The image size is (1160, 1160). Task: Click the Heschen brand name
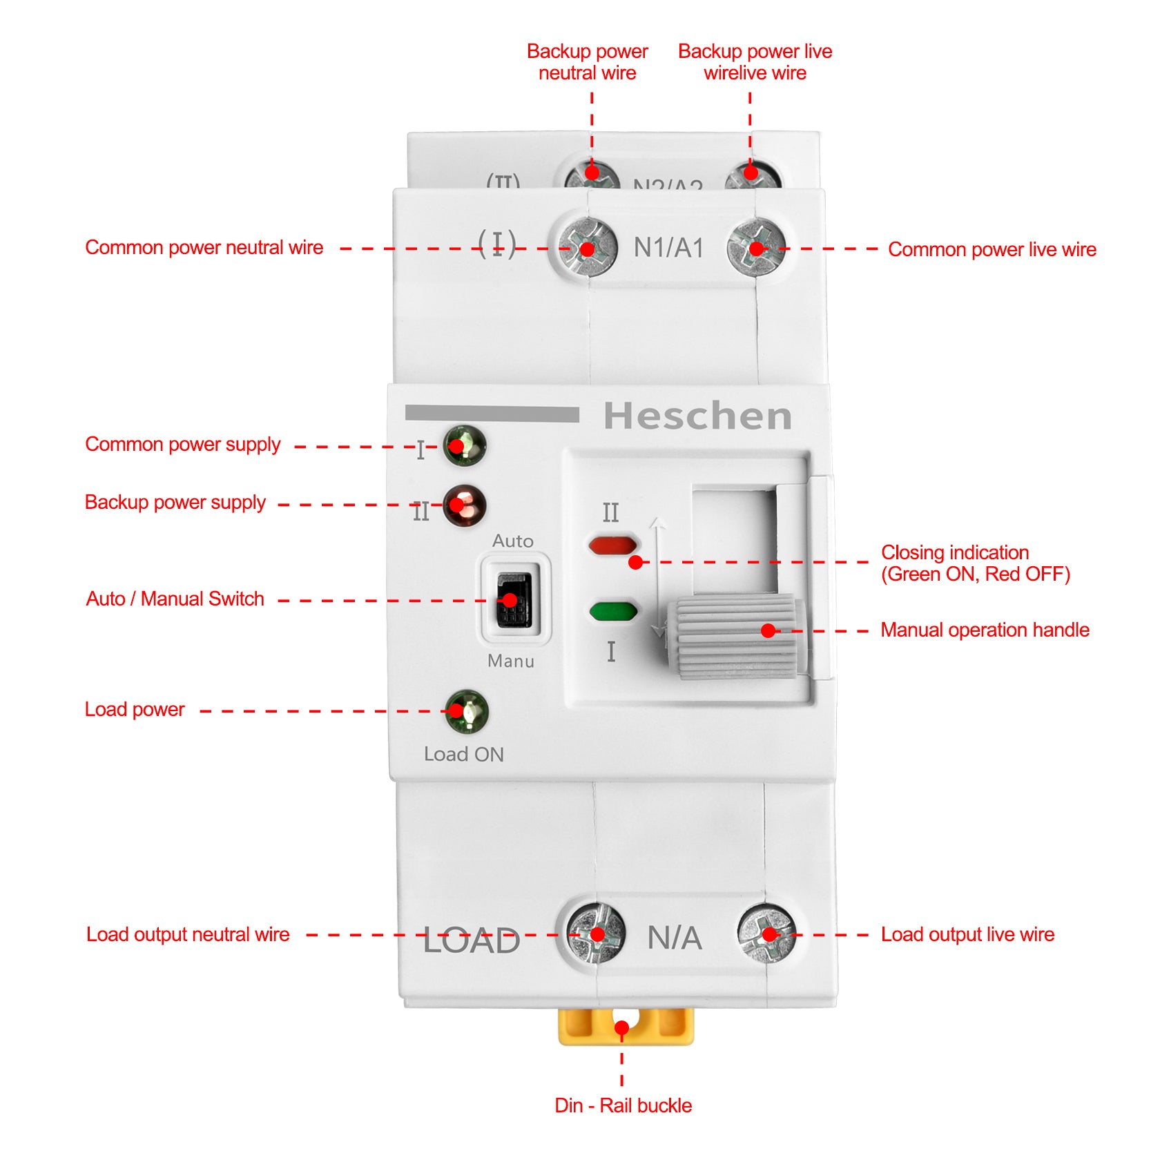coord(697,416)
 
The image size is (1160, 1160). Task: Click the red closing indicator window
coord(612,545)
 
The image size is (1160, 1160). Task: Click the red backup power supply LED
coord(465,505)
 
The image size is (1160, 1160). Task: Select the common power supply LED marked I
coord(465,446)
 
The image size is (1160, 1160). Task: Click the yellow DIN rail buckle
coord(626,1026)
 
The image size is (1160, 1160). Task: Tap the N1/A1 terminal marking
coord(668,248)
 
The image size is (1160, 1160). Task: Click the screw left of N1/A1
coord(588,247)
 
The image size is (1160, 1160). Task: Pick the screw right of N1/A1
coord(757,247)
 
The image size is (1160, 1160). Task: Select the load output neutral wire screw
coord(596,934)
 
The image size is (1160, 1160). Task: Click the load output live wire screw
coord(767,934)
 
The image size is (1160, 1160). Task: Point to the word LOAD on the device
coord(472,940)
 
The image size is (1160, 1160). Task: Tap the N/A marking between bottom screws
coord(675,938)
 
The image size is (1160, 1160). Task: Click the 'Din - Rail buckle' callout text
coord(623,1105)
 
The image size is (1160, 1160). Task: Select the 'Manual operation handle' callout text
coord(985,630)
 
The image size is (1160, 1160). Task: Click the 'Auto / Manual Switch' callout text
coord(175,599)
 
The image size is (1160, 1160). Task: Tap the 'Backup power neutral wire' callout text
coord(587,62)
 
